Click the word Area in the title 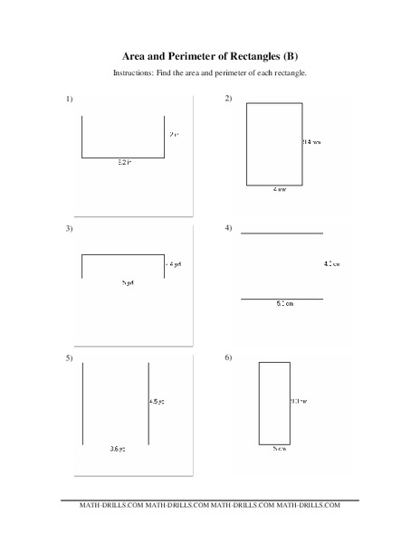(136, 54)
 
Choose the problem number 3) (69, 229)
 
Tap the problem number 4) (228, 229)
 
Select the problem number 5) (69, 360)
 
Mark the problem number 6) (228, 360)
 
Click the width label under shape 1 (124, 163)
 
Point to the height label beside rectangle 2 (311, 142)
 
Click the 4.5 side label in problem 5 (157, 401)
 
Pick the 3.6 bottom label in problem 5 (117, 449)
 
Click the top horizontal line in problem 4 (282, 233)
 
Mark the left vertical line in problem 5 (83, 404)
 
